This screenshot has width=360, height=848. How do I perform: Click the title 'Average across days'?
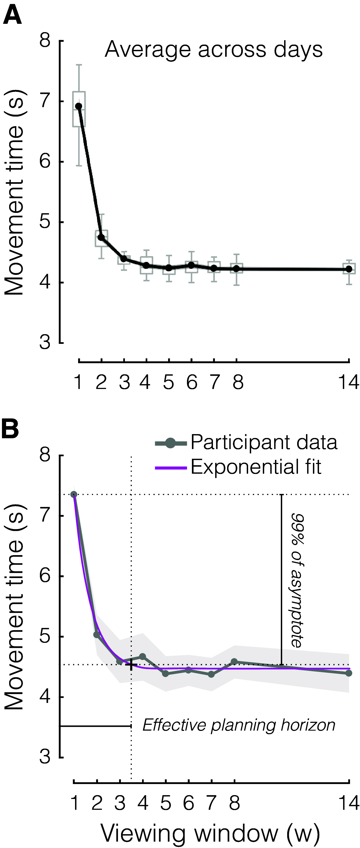214,49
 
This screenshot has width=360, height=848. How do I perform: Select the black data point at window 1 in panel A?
78,106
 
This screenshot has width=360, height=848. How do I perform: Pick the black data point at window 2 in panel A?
101,237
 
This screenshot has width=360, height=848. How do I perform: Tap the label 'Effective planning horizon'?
239,725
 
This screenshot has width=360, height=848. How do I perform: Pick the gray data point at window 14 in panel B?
349,673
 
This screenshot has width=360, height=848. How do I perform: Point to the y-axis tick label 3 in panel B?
45,757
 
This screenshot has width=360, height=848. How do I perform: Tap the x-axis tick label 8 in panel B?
234,803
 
